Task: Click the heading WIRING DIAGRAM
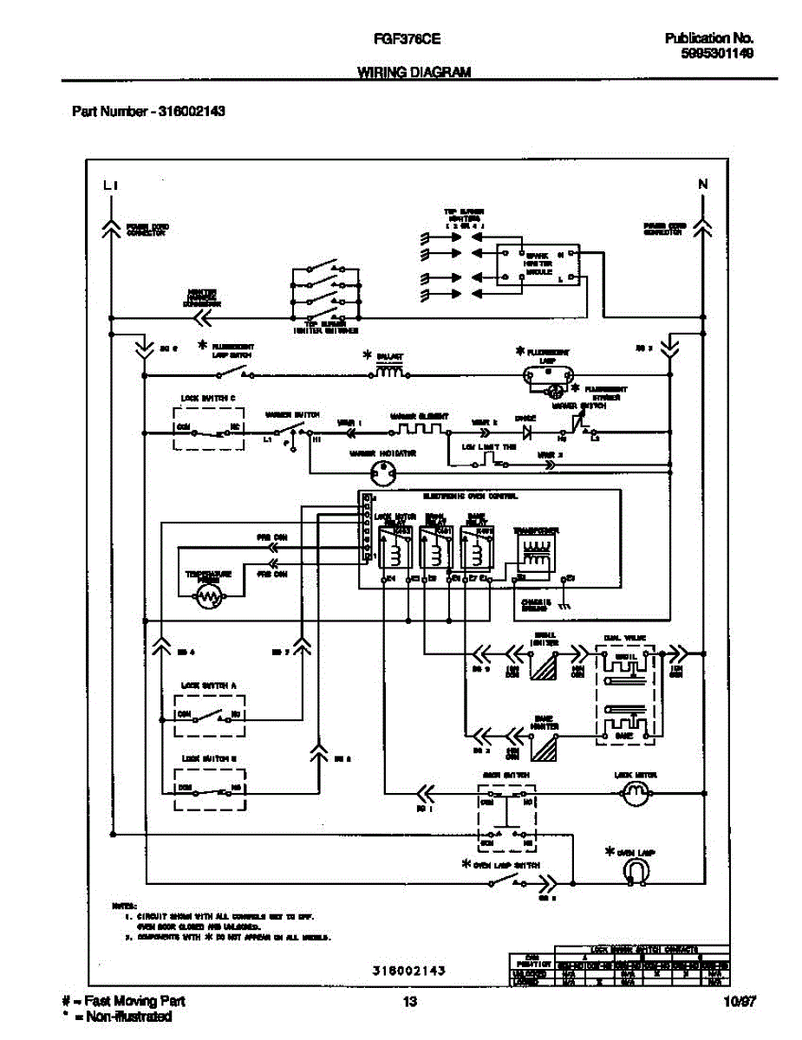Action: click(x=414, y=74)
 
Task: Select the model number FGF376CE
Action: click(x=405, y=39)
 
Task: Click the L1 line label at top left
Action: click(x=109, y=185)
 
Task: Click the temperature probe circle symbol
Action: click(x=208, y=595)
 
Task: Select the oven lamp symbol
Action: click(x=635, y=872)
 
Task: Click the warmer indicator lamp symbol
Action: click(x=383, y=472)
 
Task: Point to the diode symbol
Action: click(x=525, y=431)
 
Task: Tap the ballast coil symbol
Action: click(x=388, y=374)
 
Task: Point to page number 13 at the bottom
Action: click(x=409, y=1003)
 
